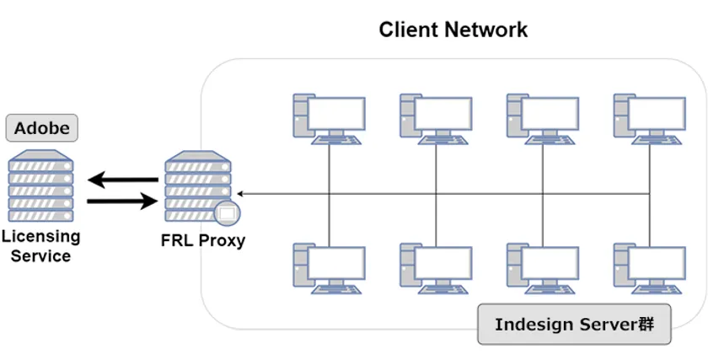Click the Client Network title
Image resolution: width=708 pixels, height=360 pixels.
click(x=453, y=30)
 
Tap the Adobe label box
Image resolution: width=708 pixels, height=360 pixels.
click(x=41, y=128)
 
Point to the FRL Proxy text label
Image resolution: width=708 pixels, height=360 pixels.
click(x=202, y=240)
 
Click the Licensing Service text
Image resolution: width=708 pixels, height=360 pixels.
click(x=40, y=246)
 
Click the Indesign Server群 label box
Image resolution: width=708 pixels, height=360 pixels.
click(x=574, y=324)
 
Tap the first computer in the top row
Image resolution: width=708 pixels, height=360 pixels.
click(x=329, y=119)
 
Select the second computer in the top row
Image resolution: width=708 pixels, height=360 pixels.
click(x=435, y=119)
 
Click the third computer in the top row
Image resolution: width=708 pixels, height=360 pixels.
click(x=542, y=119)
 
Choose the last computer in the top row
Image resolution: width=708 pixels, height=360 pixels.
click(x=649, y=119)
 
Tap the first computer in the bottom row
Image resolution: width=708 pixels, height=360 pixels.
click(x=329, y=268)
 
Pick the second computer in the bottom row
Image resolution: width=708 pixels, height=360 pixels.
click(x=435, y=268)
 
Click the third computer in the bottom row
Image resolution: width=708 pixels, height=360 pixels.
click(x=542, y=268)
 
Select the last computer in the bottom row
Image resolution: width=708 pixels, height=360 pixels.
click(x=649, y=268)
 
